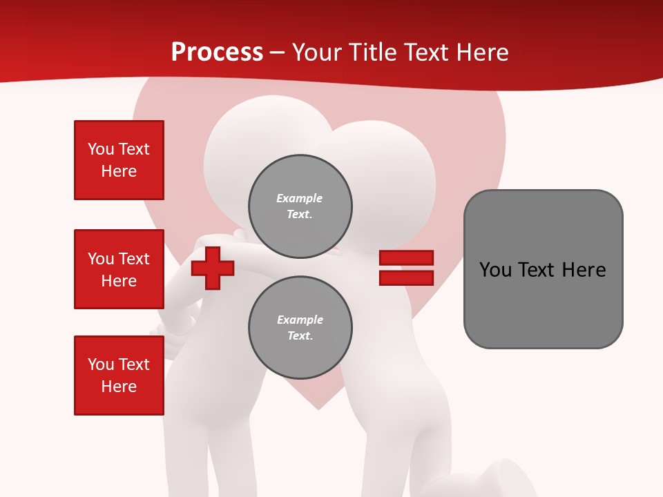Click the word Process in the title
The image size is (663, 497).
point(217,52)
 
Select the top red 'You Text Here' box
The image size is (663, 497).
point(119,160)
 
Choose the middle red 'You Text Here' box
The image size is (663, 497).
point(119,269)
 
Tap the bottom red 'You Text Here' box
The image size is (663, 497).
point(119,376)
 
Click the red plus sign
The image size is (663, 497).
point(213,268)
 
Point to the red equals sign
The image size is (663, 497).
point(406,268)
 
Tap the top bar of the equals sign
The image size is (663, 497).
point(406,257)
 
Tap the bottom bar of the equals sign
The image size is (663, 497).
point(406,278)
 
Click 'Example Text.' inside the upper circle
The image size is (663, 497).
point(300,206)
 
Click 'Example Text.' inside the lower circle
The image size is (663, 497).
point(300,328)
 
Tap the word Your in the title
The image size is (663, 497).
point(318,52)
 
